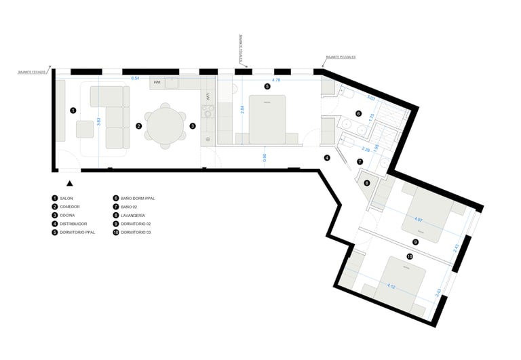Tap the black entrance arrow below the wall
[70, 182]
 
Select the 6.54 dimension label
[135, 78]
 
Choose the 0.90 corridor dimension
[265, 157]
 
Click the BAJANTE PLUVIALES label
[341, 58]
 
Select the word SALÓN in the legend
[66, 198]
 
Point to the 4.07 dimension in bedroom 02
[418, 219]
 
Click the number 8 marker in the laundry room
[367, 182]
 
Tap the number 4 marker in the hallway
[327, 158]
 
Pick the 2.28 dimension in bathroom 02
[366, 148]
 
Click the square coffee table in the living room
[85, 129]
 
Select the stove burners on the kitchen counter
[208, 119]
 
